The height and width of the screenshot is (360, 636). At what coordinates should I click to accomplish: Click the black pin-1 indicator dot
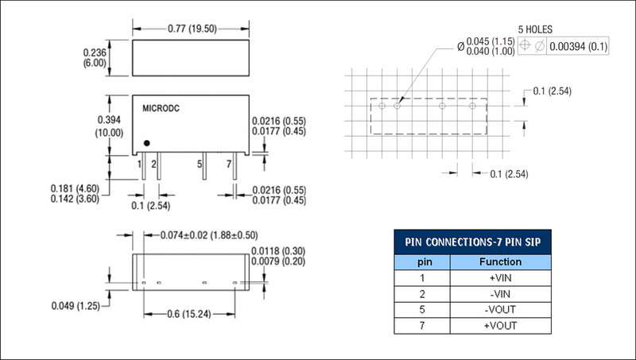147,143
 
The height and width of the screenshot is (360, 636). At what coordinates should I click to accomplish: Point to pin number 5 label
199,164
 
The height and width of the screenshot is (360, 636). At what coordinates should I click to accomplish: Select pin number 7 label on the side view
229,164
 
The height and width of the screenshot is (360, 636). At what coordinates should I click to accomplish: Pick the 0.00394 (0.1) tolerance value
577,46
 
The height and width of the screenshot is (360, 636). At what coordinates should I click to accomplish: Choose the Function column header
500,261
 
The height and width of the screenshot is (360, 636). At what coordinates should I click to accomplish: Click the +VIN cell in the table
500,278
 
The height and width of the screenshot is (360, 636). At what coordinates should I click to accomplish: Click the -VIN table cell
500,294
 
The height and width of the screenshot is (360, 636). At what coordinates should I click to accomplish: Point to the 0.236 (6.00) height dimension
95,57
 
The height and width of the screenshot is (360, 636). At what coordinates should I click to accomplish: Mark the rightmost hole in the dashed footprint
472,105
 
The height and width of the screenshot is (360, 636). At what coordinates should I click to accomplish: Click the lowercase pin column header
422,261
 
